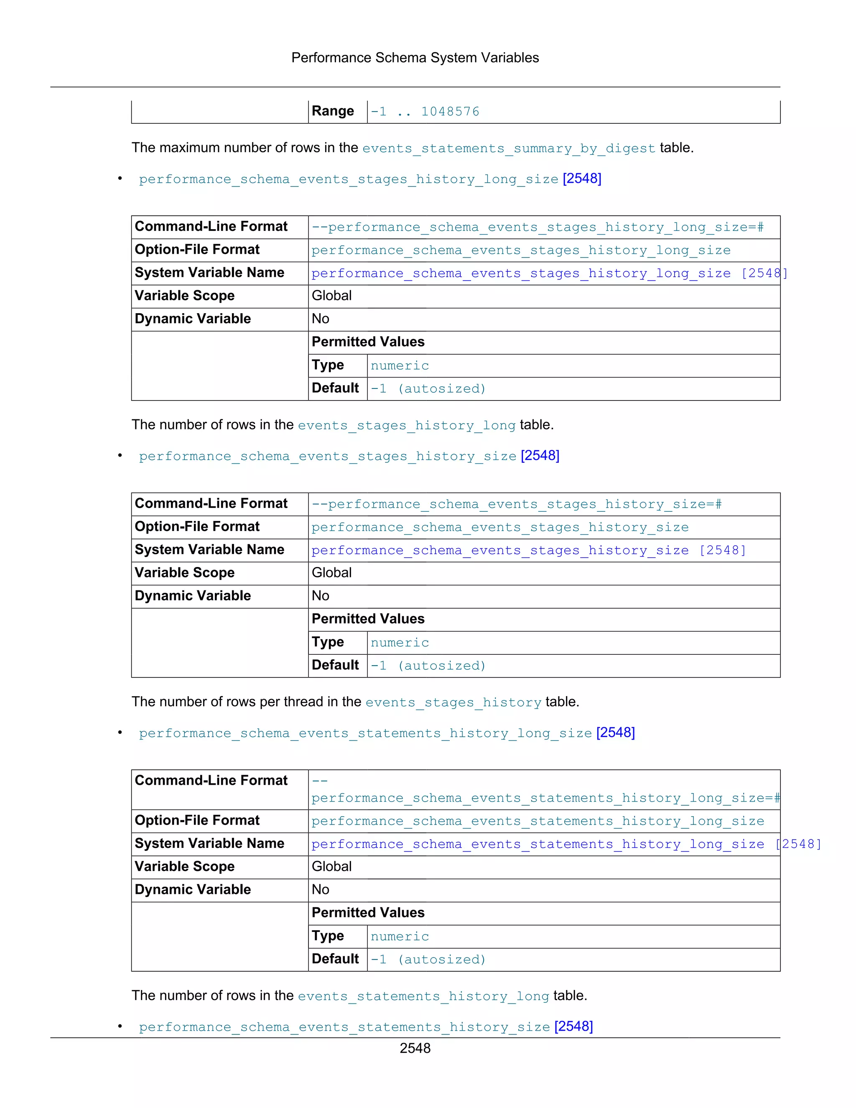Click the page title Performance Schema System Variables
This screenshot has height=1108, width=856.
(415, 58)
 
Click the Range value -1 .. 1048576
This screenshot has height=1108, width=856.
(425, 112)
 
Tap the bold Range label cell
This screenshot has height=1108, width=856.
(333, 111)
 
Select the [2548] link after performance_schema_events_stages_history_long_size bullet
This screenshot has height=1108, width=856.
(582, 179)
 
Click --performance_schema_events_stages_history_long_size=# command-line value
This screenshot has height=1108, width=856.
(538, 227)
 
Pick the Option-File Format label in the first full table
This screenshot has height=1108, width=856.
(197, 250)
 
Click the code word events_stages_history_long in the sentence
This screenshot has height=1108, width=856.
(406, 426)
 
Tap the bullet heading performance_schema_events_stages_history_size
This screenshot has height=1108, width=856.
(328, 456)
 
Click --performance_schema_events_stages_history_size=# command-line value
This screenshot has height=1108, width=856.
(516, 504)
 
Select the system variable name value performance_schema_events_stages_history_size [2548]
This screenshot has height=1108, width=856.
(528, 551)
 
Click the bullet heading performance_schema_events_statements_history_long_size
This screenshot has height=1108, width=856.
(365, 733)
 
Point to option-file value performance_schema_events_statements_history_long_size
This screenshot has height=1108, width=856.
(538, 821)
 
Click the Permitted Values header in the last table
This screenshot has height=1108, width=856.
(368, 913)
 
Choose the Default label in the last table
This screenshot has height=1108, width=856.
(335, 959)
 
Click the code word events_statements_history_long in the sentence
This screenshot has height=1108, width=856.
(423, 996)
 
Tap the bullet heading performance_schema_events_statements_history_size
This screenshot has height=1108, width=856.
(344, 1027)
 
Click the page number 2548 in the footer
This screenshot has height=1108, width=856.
(415, 1048)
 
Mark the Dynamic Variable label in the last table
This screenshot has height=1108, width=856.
(193, 890)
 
